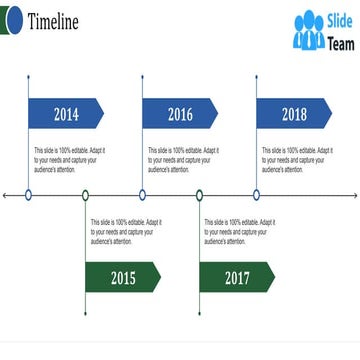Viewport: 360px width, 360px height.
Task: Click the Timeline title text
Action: click(54, 22)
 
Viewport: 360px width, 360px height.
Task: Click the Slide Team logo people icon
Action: click(308, 31)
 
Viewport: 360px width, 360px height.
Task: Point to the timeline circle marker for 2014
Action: click(28, 195)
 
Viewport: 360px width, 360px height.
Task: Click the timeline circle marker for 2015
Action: click(85, 195)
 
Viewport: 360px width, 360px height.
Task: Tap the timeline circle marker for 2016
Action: click(142, 195)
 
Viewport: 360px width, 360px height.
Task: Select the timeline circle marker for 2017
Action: click(199, 195)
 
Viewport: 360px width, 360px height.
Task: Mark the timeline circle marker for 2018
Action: click(256, 195)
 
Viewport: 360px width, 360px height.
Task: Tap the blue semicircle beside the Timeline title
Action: click(10, 21)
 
